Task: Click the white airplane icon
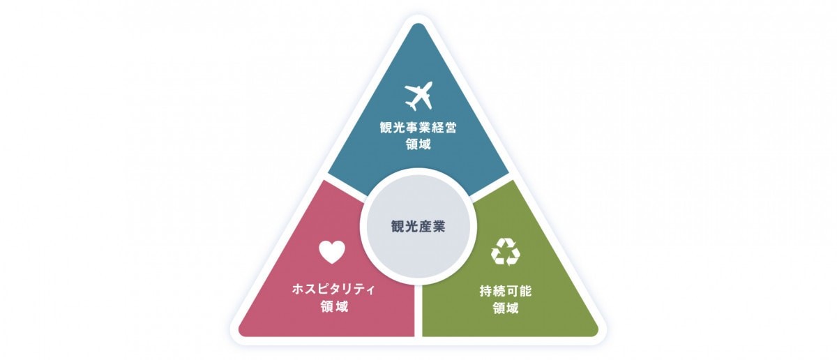(x=418, y=96)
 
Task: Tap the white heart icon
(x=332, y=252)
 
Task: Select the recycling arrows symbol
(x=506, y=252)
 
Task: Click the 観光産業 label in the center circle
(x=418, y=227)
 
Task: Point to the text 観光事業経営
(x=418, y=128)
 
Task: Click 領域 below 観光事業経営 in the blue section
(x=418, y=144)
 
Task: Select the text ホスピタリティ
(x=333, y=290)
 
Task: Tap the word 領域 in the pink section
(x=334, y=306)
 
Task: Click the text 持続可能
(x=506, y=291)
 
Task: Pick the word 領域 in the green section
(x=506, y=308)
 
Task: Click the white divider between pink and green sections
(x=418, y=311)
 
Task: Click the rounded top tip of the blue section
(x=418, y=24)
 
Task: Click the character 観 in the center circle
(x=398, y=227)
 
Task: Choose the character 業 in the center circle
(x=439, y=227)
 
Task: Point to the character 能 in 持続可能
(x=525, y=291)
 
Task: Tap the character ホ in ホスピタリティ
(x=299, y=290)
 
